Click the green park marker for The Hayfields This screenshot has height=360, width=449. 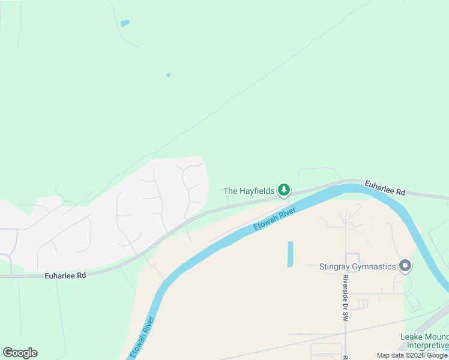283,191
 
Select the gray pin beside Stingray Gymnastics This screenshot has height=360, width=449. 405,265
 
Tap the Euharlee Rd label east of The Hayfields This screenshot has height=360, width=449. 385,187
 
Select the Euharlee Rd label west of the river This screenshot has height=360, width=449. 65,275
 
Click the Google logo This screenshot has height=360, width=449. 20,353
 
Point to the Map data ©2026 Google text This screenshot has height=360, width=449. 412,355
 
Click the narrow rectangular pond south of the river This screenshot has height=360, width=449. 291,254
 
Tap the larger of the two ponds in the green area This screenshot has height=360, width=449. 125,23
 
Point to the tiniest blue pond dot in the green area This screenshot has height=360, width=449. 168,75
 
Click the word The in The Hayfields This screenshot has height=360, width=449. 231,191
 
